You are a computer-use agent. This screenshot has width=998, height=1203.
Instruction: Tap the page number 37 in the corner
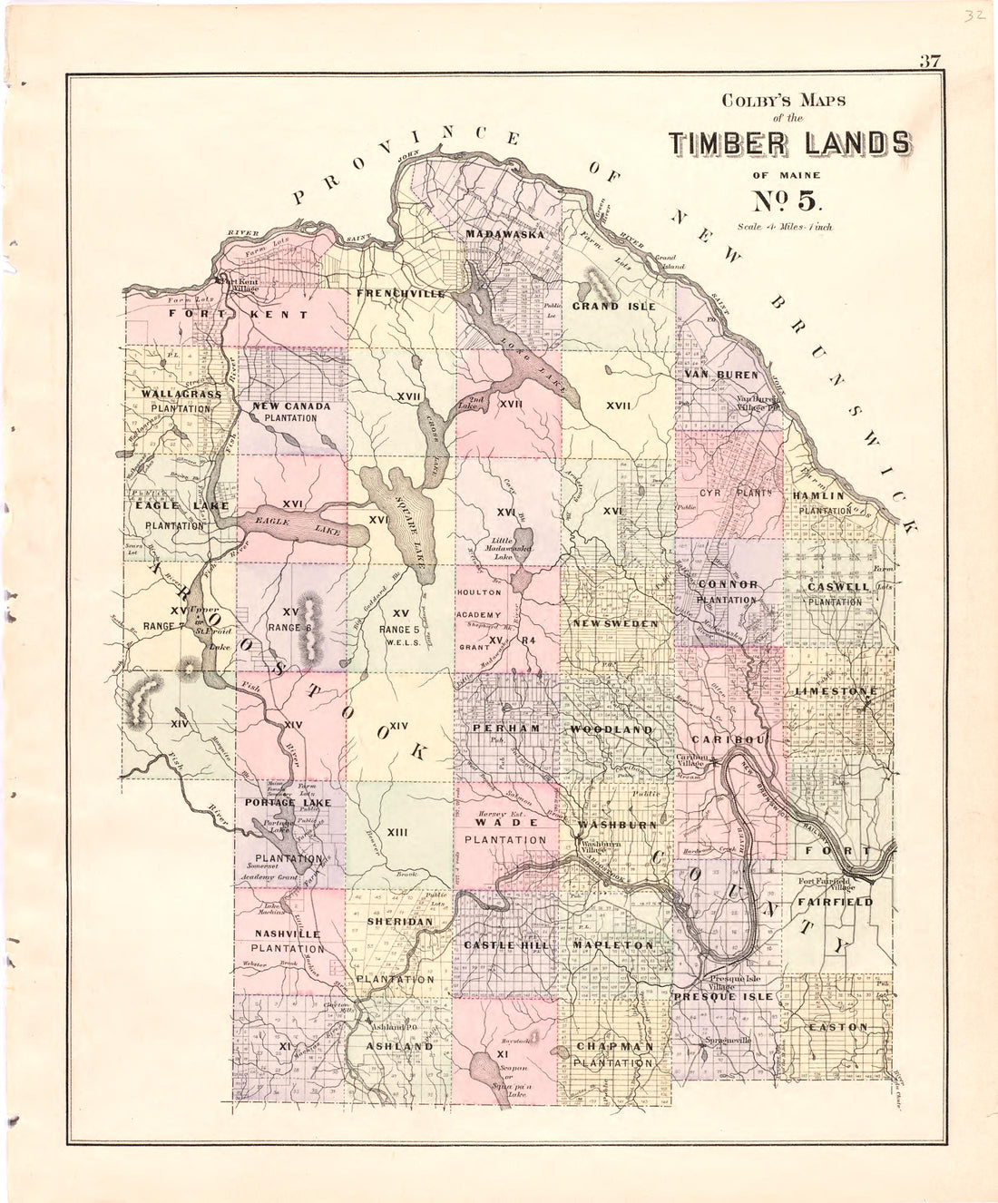929,63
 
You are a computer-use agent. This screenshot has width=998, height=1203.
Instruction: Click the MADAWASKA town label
504,235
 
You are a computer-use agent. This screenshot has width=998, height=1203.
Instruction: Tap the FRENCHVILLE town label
401,294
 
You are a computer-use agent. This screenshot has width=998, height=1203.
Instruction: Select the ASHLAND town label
399,1046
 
